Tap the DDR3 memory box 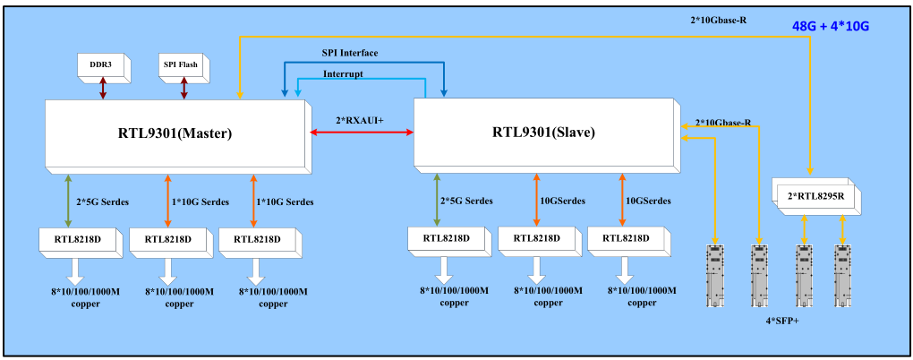pos(102,64)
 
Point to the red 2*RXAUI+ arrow pos(362,133)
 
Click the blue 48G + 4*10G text pos(831,27)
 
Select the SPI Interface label pos(349,53)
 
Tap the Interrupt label pos(342,73)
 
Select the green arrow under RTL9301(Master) pos(68,201)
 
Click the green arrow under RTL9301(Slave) pos(438,200)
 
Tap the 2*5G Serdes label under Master pos(101,201)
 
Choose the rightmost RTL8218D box pos(626,239)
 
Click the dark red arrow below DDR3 pos(104,88)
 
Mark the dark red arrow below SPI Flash pos(183,88)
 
